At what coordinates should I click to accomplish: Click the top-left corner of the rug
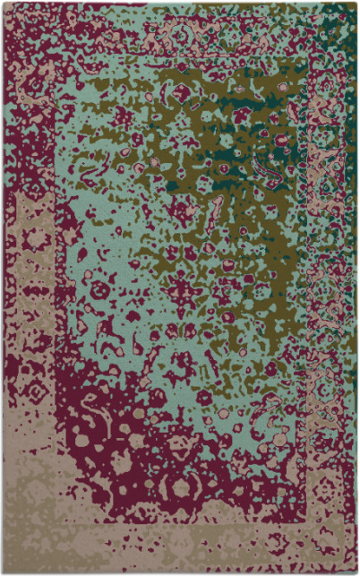3,3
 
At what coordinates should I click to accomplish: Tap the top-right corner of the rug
356,3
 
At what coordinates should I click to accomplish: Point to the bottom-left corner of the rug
3,572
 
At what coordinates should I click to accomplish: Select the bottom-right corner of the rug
356,572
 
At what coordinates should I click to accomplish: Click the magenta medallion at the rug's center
183,290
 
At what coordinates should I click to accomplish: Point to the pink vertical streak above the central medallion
215,215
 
